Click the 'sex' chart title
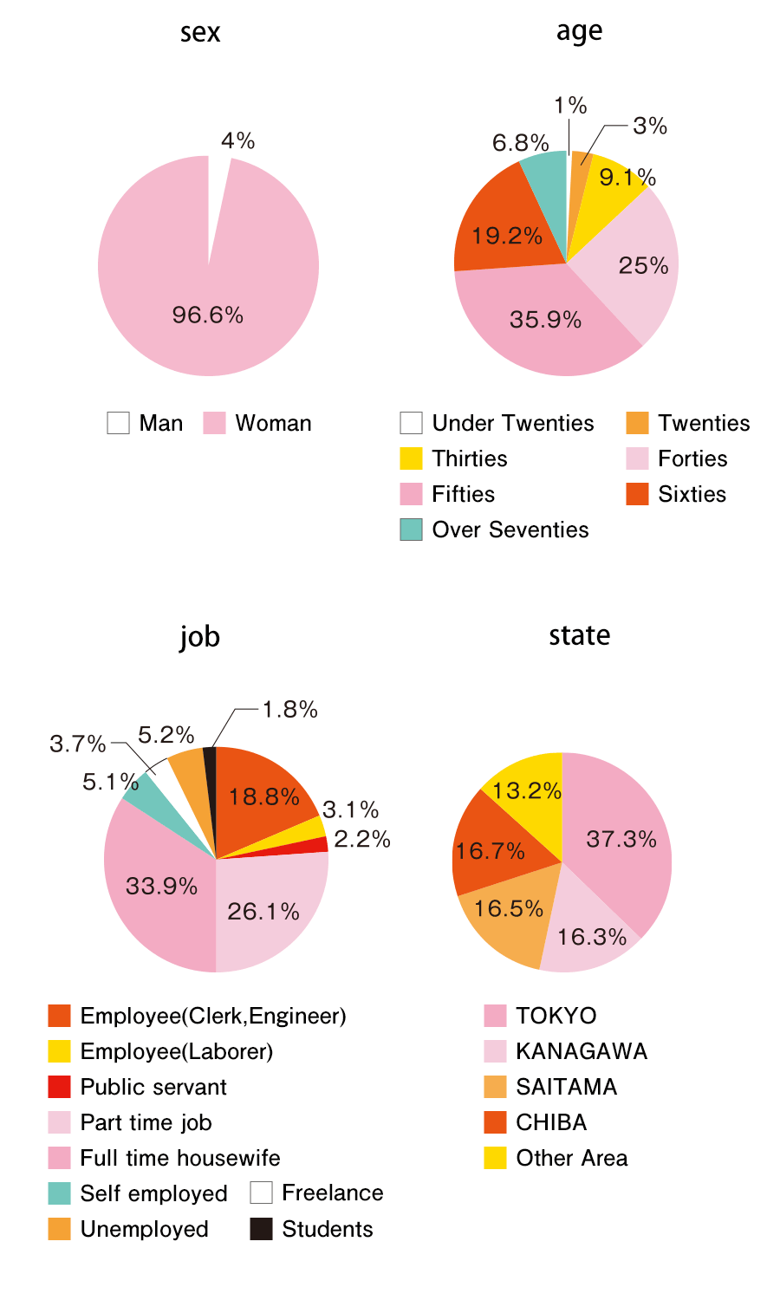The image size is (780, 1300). pos(200,32)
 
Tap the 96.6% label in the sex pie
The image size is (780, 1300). pos(208,315)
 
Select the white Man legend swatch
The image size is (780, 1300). pos(118,423)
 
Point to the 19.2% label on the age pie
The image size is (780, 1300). pos(507,236)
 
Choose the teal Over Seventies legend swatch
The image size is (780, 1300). pos(411,530)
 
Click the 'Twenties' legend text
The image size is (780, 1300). pos(704,423)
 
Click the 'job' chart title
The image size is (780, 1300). pos(200,637)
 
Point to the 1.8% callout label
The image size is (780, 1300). pos(290,710)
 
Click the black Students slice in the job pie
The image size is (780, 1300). pos(210,758)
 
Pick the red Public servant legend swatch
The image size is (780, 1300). pos(59,1087)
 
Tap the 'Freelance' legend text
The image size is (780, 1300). pos(333,1193)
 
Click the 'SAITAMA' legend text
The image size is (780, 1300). pos(567,1087)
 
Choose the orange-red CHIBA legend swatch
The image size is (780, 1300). pos(495,1122)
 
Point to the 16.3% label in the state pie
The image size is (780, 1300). pos(592,937)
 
